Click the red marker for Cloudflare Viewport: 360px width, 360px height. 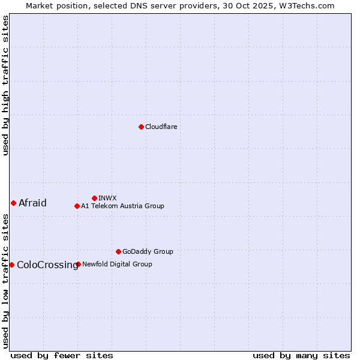(141, 127)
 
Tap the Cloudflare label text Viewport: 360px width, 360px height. (161, 127)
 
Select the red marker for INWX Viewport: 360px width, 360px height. (94, 198)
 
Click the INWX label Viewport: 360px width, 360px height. (107, 198)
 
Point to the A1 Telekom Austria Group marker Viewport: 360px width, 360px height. (77, 206)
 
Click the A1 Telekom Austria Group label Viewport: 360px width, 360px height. (122, 206)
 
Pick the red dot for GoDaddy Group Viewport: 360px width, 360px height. (118, 251)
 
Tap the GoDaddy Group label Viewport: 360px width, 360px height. (148, 251)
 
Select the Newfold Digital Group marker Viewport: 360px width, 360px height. (78, 264)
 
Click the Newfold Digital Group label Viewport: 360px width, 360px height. (117, 264)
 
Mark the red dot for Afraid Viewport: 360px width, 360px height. (13, 203)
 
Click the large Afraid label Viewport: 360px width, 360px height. (32, 203)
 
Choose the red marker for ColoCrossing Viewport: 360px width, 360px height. (11, 265)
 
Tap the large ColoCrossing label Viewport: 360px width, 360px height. (47, 265)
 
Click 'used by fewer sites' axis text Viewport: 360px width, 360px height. (62, 355)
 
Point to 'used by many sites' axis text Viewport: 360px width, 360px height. (301, 355)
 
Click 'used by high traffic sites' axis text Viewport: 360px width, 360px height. (5, 85)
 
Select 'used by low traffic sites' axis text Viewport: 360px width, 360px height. (5, 281)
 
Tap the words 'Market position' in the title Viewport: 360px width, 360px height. (52, 5)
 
